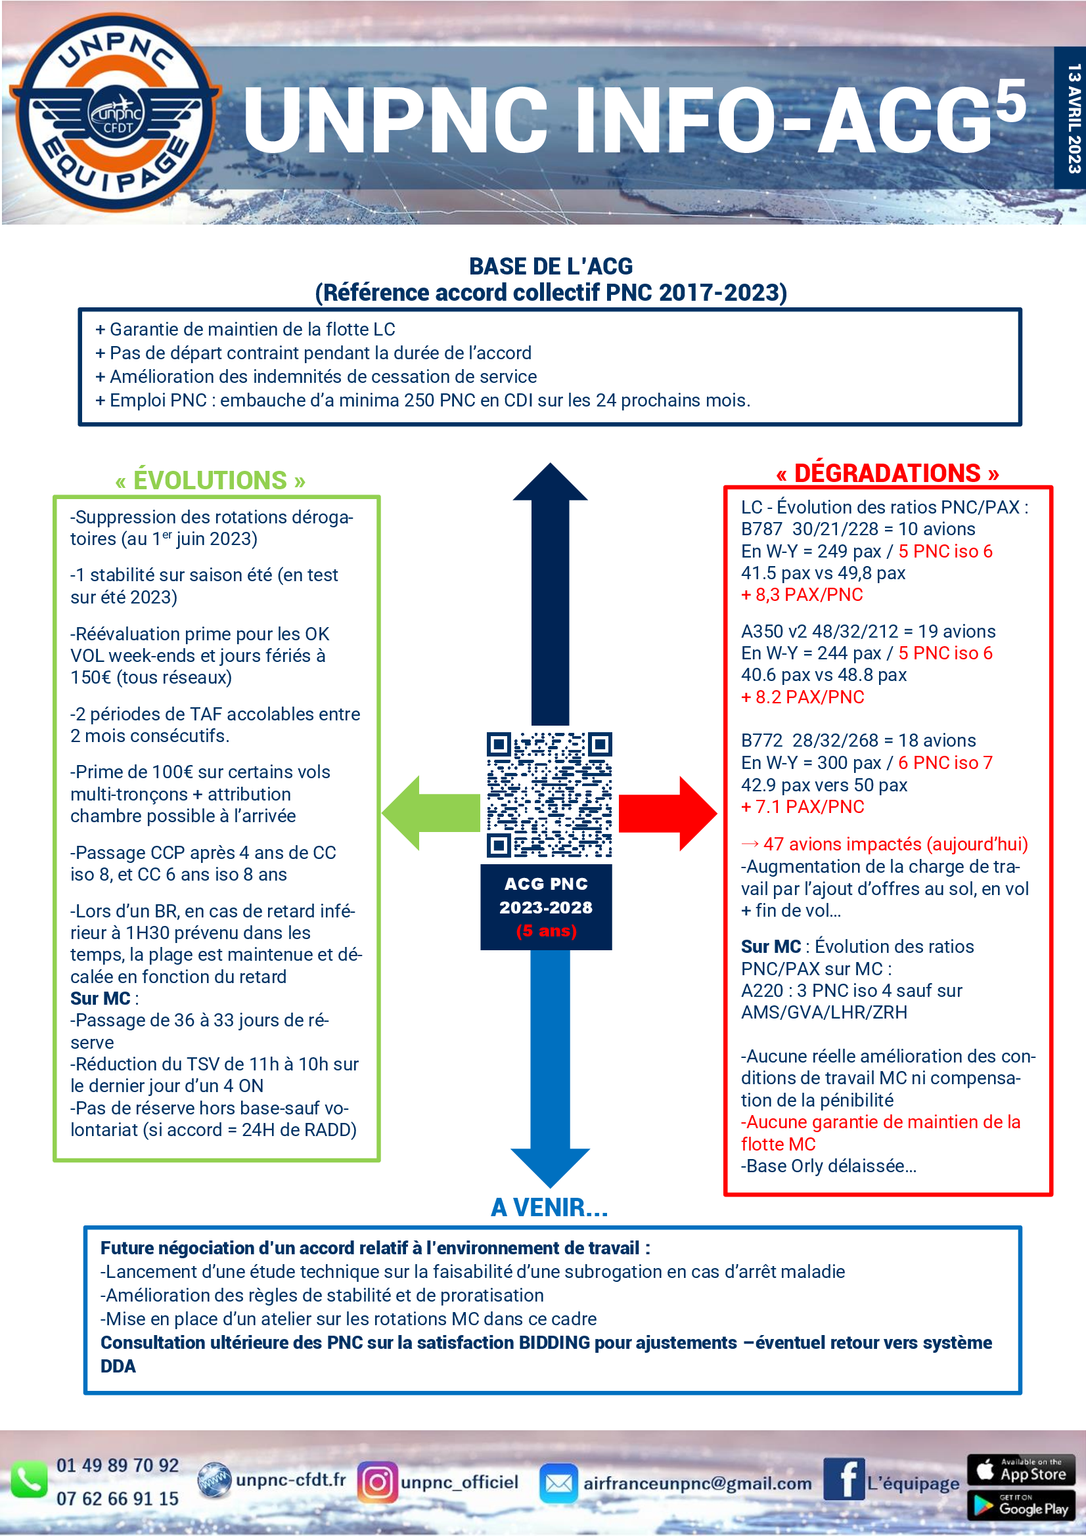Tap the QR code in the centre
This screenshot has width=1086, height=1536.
click(549, 794)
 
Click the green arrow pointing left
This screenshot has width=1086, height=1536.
click(428, 813)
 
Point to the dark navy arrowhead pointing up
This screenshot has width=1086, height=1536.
click(550, 484)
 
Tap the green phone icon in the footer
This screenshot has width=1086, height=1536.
click(28, 1480)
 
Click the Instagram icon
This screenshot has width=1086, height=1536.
click(377, 1481)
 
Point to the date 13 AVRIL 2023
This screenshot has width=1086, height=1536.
click(1074, 118)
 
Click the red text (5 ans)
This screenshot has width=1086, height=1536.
click(546, 931)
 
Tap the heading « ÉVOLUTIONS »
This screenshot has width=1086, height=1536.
click(210, 480)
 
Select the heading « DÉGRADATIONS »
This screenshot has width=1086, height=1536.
click(888, 473)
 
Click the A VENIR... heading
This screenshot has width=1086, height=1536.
click(549, 1208)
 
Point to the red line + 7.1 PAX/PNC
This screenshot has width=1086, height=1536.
click(802, 807)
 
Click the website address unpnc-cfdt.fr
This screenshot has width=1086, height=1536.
click(290, 1480)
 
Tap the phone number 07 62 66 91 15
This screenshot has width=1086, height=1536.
click(118, 1499)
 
